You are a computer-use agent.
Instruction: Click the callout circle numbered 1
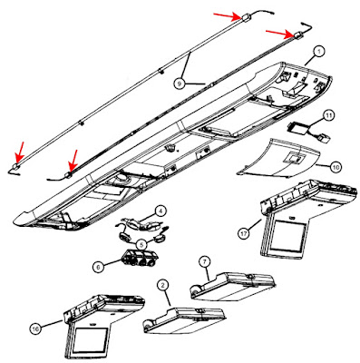coord(318,52)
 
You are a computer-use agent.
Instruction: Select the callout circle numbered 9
coord(180,83)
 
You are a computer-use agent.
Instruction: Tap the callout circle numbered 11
coord(329,115)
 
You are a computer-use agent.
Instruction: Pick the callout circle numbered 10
coord(336,166)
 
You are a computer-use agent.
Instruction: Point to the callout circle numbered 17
coord(244,233)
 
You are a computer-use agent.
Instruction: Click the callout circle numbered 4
coord(161,211)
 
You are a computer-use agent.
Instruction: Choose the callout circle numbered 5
coord(141,244)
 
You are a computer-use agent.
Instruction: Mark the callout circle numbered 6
coord(99,267)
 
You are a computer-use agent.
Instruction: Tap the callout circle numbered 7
coord(205,262)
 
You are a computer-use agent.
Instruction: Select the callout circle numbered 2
coord(163,285)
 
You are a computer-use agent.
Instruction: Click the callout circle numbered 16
coord(35,329)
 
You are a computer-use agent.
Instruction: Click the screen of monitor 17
coord(288,236)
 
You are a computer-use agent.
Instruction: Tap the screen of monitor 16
coord(90,342)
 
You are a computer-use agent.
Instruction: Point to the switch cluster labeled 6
coord(140,258)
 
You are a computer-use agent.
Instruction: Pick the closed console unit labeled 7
coord(233,286)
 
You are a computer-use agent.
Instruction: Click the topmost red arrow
coord(229,15)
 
